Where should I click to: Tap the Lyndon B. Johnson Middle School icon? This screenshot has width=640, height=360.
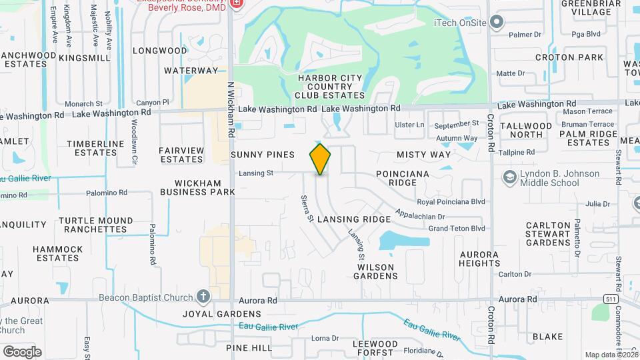click(511, 177)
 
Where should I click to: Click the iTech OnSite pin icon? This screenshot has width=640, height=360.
click(496, 23)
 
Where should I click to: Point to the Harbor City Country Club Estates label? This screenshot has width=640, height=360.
click(331, 87)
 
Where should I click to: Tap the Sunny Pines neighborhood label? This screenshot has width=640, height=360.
click(263, 155)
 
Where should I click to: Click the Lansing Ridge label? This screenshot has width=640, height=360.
click(353, 219)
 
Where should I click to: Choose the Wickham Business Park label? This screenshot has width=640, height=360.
click(197, 187)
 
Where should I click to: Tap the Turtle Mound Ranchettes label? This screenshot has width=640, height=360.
click(95, 225)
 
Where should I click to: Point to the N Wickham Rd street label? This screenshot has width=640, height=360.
click(231, 109)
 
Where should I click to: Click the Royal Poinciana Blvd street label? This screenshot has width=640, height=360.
click(451, 201)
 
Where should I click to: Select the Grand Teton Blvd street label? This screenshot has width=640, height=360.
click(457, 229)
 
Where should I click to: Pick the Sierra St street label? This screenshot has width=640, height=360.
click(307, 209)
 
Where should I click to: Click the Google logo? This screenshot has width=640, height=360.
click(22, 351)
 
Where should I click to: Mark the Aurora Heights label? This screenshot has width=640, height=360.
click(479, 259)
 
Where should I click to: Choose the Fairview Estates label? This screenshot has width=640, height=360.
click(181, 155)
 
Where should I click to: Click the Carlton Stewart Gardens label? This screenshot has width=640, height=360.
click(557, 234)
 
